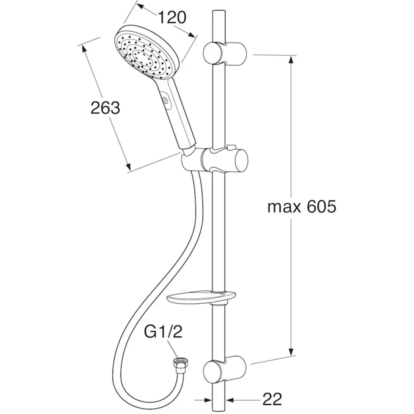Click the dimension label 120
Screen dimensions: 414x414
click(172, 17)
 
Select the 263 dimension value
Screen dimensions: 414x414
click(105, 108)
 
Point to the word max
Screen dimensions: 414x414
click(284, 208)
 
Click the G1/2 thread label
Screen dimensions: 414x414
click(163, 332)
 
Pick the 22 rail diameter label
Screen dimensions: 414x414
click(272, 398)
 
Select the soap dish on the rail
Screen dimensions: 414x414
click(200, 298)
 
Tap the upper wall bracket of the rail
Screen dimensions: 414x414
click(224, 53)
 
